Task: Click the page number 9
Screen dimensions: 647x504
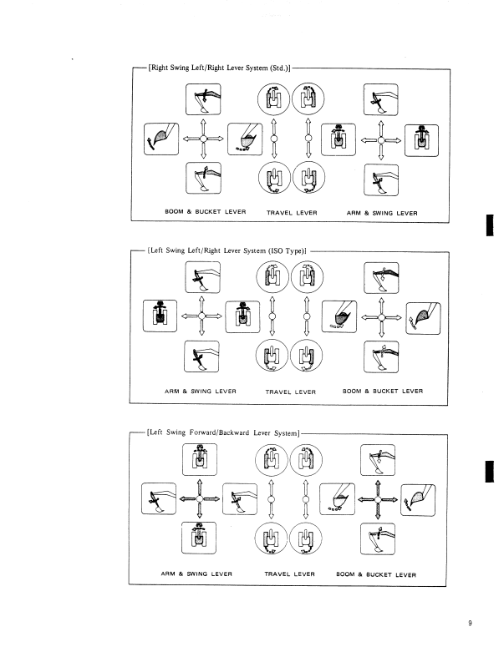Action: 470,621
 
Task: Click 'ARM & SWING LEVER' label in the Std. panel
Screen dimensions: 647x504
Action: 382,212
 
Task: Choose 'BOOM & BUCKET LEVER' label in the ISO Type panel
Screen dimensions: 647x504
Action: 382,391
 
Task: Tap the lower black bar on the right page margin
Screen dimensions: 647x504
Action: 488,469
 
